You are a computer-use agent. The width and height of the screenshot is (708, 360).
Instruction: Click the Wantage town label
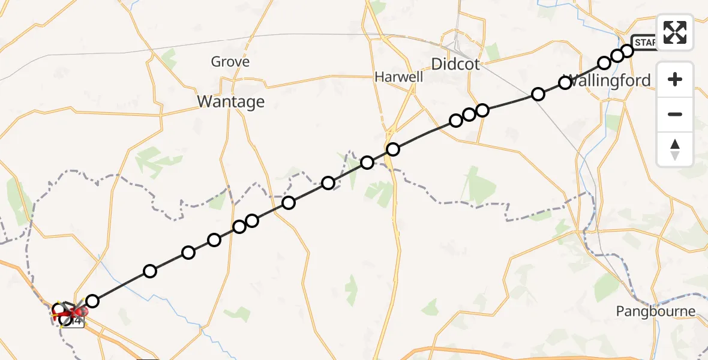click(x=230, y=102)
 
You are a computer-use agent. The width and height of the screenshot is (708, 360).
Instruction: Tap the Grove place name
click(x=230, y=61)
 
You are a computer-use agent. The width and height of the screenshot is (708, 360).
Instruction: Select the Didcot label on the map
click(x=455, y=64)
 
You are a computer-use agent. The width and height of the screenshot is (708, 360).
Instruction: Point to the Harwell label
click(x=398, y=77)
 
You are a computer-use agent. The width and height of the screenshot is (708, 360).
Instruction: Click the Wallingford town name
click(x=608, y=80)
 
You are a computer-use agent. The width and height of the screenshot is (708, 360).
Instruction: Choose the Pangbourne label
click(x=656, y=311)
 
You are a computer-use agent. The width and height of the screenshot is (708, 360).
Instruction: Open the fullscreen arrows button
click(x=675, y=32)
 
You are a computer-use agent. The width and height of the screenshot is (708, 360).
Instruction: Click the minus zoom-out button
click(x=675, y=114)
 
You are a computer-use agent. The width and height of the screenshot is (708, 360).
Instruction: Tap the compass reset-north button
click(x=675, y=149)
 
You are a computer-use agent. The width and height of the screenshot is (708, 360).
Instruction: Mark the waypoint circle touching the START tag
click(x=627, y=50)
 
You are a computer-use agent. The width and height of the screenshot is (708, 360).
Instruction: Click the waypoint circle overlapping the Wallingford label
click(x=565, y=83)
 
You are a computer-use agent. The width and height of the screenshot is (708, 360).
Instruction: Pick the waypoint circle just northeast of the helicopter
click(x=92, y=301)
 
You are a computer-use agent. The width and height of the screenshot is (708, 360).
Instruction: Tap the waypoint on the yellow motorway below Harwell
click(x=392, y=149)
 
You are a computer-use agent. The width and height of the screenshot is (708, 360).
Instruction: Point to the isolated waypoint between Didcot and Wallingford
click(x=538, y=94)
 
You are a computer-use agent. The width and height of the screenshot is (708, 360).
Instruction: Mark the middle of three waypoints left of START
click(x=617, y=56)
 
